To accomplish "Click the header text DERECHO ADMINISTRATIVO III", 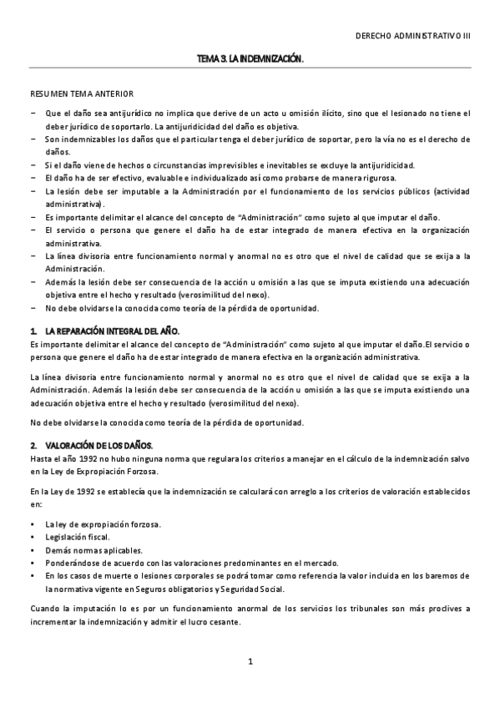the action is pyautogui.click(x=413, y=38).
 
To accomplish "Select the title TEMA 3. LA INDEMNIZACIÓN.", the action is pyautogui.click(x=250, y=59).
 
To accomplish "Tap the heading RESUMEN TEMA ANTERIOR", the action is pyautogui.click(x=80, y=94).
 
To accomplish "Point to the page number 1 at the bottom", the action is pyautogui.click(x=250, y=662).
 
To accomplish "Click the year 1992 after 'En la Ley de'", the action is pyautogui.click(x=93, y=492).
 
